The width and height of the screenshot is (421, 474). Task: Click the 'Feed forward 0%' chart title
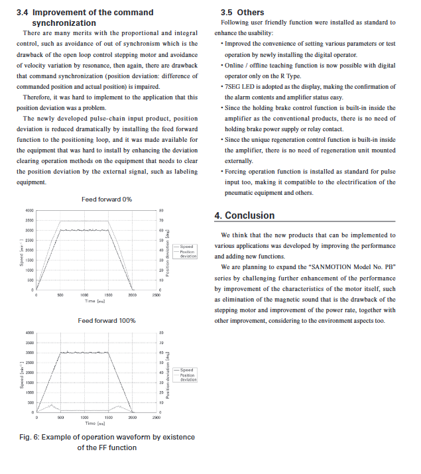point(106,200)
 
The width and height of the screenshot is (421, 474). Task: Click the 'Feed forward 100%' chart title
point(106,321)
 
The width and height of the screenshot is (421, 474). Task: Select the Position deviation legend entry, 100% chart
point(188,377)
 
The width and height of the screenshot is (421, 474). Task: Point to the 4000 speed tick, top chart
point(29,210)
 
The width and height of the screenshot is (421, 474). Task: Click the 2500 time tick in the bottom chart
point(156,418)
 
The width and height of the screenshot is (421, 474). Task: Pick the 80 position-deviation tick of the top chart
point(161,210)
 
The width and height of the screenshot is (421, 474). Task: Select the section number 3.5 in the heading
point(226,13)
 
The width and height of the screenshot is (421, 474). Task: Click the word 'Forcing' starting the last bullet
point(238,172)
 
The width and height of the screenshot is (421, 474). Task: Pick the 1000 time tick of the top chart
point(84,295)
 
